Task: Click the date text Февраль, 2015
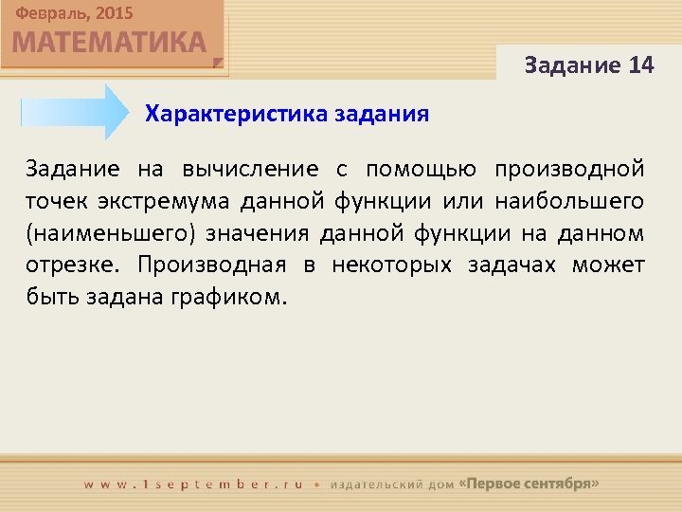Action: tap(74, 13)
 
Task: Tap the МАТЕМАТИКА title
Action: tap(109, 43)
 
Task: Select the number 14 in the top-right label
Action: tap(640, 65)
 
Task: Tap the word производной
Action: tap(569, 170)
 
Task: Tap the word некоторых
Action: tap(391, 264)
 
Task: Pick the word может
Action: tap(608, 264)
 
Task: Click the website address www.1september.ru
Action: tap(193, 484)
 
